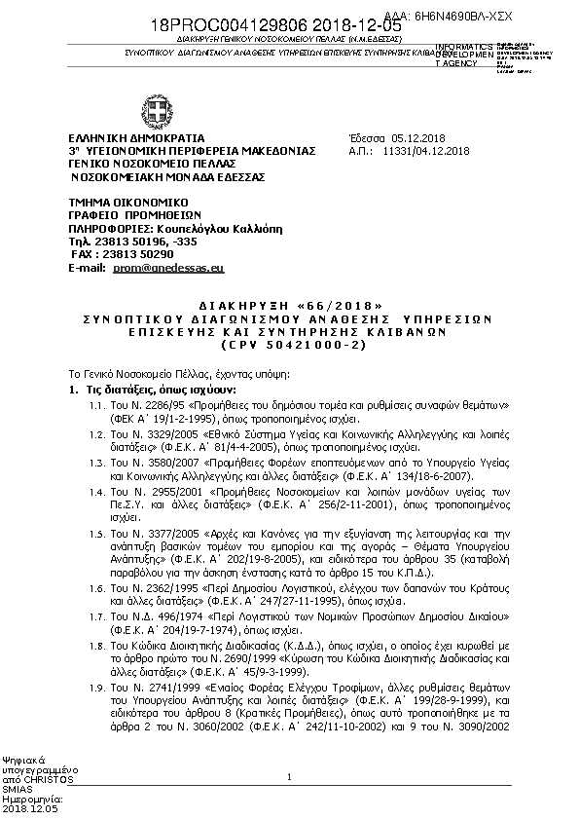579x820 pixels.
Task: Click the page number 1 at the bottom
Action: (290, 776)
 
